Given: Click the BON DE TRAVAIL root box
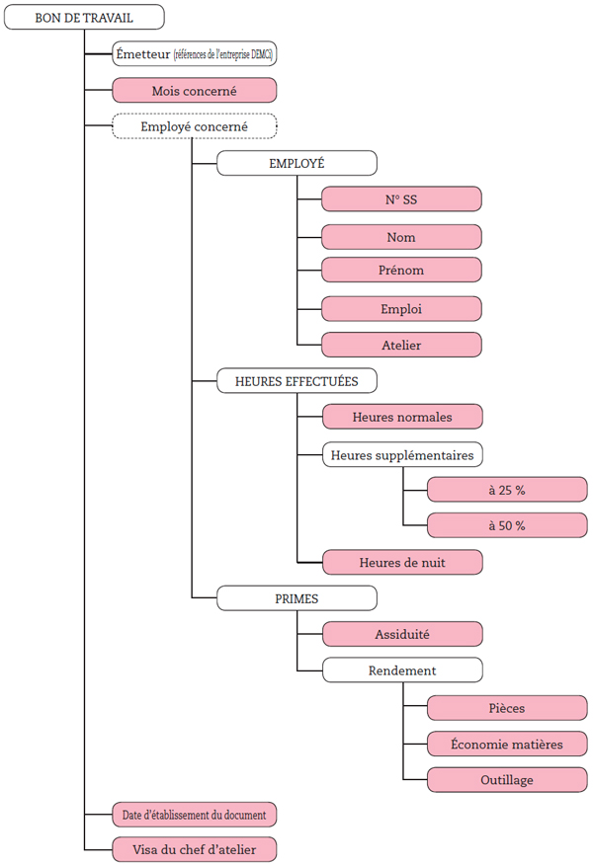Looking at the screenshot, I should click(84, 18).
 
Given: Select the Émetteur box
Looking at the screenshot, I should click(194, 54).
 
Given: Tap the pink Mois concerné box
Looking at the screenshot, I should click(194, 91).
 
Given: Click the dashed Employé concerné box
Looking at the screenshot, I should click(194, 126).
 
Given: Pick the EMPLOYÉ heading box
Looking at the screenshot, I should click(296, 163).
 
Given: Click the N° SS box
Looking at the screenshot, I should click(401, 199).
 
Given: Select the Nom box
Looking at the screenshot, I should click(401, 237).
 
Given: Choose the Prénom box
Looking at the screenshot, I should click(401, 270).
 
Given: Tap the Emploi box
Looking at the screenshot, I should click(401, 309).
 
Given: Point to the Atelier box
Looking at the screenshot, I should click(401, 345).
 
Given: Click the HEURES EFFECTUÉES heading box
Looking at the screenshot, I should click(296, 380).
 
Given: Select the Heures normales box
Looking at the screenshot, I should click(402, 417).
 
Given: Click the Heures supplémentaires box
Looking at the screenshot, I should click(402, 454).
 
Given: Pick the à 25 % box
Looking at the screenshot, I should click(507, 490).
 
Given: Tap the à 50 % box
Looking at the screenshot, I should click(507, 525).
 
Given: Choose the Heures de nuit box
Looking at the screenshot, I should click(402, 562).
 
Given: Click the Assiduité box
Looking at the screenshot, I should click(402, 634).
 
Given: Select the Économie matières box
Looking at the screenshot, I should click(507, 744).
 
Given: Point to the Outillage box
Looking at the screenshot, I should click(507, 780).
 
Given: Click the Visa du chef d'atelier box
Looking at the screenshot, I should click(194, 849).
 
